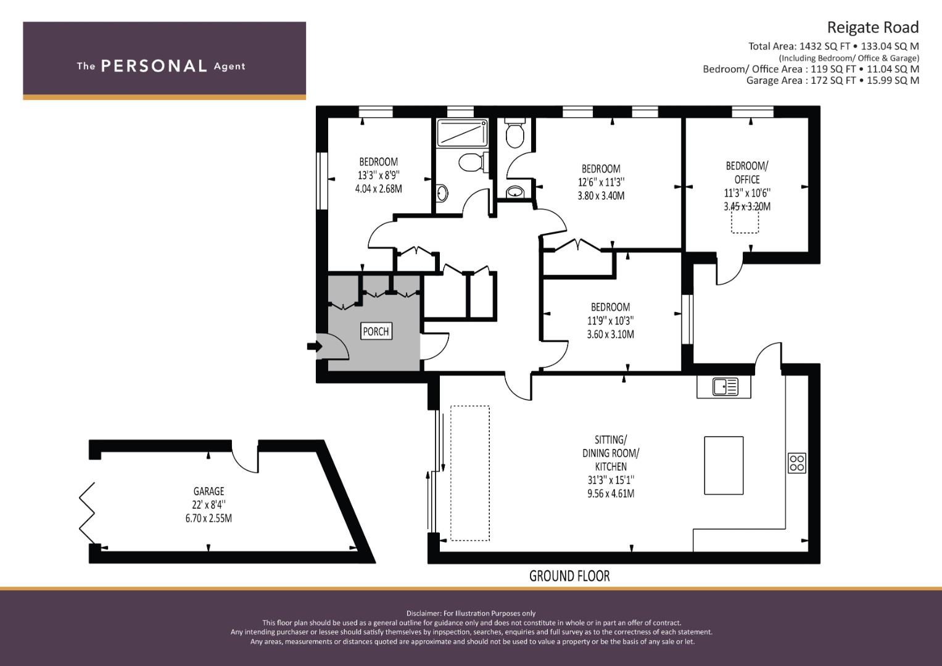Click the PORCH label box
tap(376, 331)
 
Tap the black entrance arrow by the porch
tap(313, 347)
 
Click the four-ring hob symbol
tap(796, 462)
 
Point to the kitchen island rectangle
tap(723, 466)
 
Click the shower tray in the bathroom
tap(461, 133)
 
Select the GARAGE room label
tap(209, 491)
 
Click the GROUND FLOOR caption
tap(569, 576)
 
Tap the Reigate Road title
tap(872, 27)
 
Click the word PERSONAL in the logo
tap(153, 66)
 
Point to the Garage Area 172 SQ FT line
tap(832, 80)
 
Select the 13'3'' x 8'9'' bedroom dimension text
tap(378, 175)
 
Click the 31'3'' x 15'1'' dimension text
tap(611, 480)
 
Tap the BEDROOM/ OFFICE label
tap(746, 172)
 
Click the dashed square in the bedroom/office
tap(745, 220)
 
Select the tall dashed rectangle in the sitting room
tap(470, 473)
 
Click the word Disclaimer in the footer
tap(423, 613)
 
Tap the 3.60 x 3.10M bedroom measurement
tap(610, 334)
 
